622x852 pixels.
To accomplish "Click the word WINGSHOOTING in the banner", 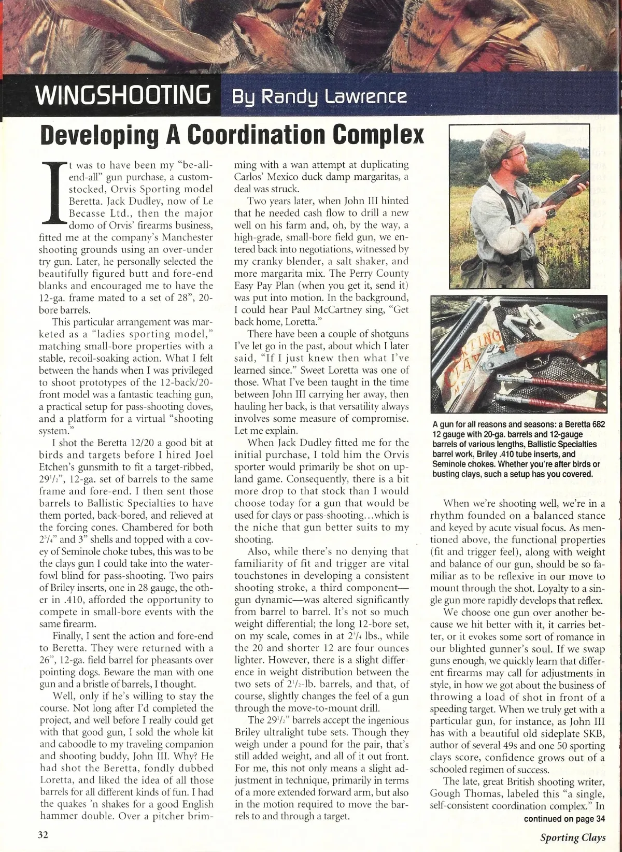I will [122, 96].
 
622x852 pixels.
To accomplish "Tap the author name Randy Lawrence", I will [319, 97].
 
